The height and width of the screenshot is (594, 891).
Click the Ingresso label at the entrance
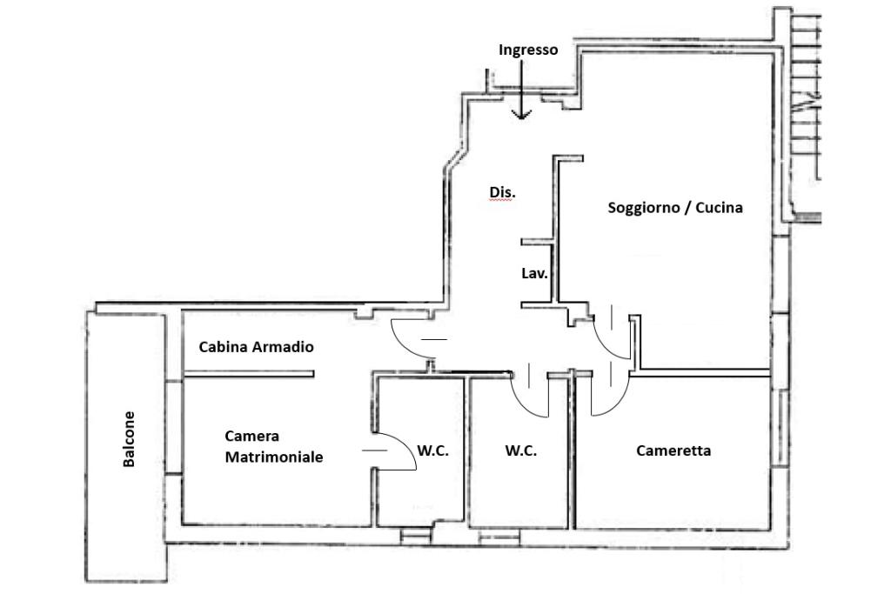tap(528, 50)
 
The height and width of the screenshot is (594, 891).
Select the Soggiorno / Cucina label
tap(675, 208)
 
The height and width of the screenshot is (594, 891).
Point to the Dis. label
tap(501, 191)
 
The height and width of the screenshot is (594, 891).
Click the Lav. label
tap(534, 273)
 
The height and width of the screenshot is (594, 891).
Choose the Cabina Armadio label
tap(256, 346)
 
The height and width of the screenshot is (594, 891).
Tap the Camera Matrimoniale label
tap(274, 446)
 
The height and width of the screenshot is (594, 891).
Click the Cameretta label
tap(673, 451)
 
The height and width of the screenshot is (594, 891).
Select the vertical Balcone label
tap(129, 439)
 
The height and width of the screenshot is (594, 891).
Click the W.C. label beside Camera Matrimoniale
tap(432, 451)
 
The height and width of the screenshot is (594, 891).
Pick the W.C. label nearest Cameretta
tap(520, 451)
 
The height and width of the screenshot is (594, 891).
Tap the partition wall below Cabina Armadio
tap(248, 376)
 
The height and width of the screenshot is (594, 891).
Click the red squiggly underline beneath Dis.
tap(501, 201)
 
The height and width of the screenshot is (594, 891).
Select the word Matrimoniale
tap(274, 457)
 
